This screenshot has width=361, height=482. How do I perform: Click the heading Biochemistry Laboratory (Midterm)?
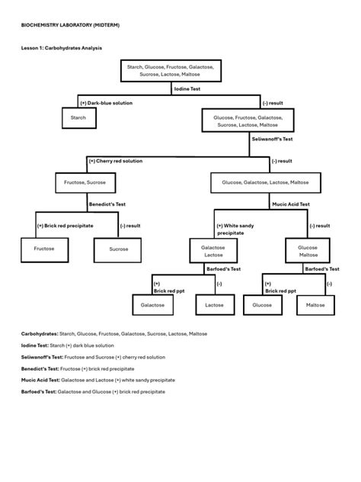coord(70,25)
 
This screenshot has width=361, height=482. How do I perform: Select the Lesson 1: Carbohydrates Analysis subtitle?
coord(62,48)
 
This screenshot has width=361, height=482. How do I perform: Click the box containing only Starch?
coord(78,118)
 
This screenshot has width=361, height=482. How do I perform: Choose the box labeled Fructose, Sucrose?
coord(85,183)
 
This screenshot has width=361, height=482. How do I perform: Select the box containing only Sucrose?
coord(119,249)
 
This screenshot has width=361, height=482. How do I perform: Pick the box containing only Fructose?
coord(44,249)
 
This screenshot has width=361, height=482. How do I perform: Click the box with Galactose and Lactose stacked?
coord(212,252)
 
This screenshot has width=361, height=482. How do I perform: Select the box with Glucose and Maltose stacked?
coord(308,252)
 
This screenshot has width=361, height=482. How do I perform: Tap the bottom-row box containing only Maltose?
coord(315,305)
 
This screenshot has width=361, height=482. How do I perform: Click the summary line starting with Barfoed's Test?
coord(93,391)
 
